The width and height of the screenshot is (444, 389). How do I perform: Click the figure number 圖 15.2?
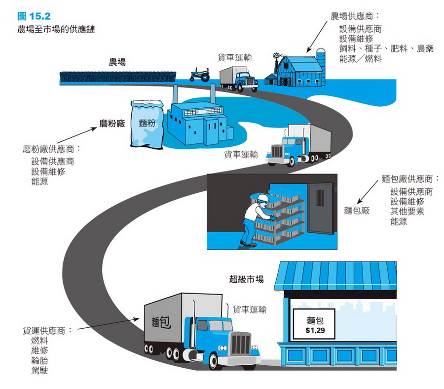[x=34, y=16]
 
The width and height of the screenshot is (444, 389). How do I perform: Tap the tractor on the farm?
[x=200, y=75]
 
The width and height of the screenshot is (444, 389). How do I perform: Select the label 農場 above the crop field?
[x=117, y=62]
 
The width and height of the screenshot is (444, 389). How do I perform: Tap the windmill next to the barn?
[x=277, y=58]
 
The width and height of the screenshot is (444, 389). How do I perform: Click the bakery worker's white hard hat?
[x=261, y=198]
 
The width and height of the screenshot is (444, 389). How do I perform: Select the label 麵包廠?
[x=357, y=210]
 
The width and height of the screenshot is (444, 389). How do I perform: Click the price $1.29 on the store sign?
[x=315, y=330]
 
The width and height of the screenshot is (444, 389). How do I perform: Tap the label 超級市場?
[x=246, y=279]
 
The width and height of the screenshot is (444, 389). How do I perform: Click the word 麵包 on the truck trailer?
[x=162, y=322]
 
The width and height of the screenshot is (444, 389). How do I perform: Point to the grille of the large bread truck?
[x=241, y=343]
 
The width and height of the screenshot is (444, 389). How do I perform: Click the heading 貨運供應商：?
[x=47, y=330]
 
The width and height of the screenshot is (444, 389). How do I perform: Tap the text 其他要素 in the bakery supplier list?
[x=407, y=212]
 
